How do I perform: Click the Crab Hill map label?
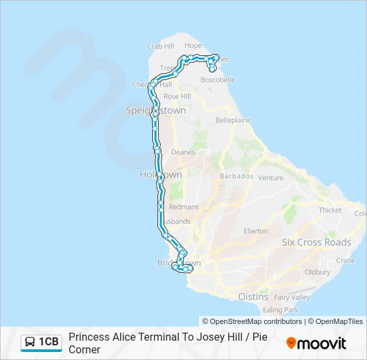coord(160,46)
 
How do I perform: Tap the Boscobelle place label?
coord(218,79)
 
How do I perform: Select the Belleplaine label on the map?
coord(233,121)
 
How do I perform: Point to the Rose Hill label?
coord(177,97)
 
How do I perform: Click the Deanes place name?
coord(183,152)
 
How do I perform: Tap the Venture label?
coord(270,178)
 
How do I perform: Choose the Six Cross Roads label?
coord(316,243)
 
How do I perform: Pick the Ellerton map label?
coord(256,231)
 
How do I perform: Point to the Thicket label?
coord(330,210)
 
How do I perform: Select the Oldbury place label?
coord(317,272)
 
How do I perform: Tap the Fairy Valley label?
coord(292,297)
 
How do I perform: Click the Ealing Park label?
coord(281,310)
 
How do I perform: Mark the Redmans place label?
coord(184,207)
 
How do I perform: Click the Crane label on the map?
coord(344,261)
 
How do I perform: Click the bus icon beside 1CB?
coord(30,343)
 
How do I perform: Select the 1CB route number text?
coord(49,343)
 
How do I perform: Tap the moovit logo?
coord(316,343)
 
